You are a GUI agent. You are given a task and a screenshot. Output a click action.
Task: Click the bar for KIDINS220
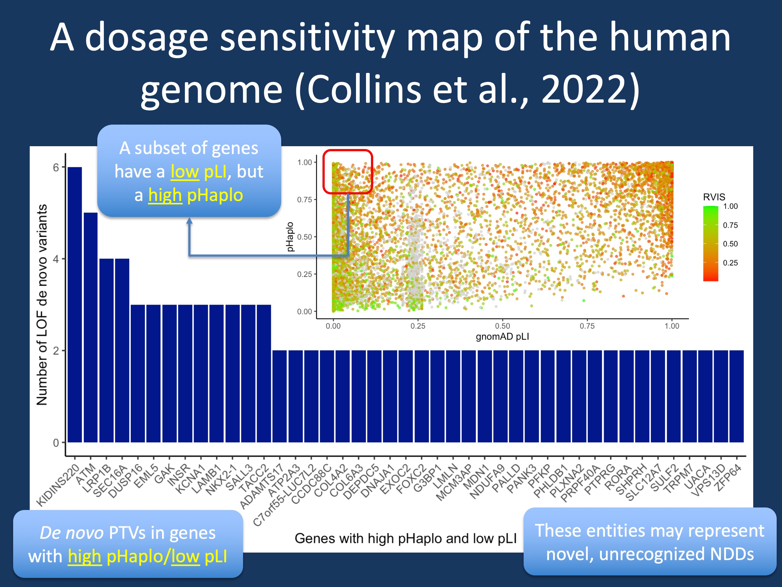point(74,304)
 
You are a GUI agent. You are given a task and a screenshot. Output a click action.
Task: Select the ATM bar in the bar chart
point(90,327)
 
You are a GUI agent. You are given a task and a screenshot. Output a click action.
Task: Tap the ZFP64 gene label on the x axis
point(729,478)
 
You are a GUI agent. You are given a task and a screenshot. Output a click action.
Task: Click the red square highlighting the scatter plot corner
point(348,172)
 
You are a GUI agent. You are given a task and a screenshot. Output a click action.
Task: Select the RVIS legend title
point(714,197)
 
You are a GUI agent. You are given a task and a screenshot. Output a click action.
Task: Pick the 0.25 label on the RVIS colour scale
point(730,263)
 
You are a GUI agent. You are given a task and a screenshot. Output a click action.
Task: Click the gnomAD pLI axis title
point(502,337)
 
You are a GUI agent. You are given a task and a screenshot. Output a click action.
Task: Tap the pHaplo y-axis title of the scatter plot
point(290,237)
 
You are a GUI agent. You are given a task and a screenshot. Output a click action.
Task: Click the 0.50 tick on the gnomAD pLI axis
point(502,326)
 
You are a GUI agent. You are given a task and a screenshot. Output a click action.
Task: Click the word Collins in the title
point(364,90)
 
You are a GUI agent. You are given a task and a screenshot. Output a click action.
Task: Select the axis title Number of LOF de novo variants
point(42,304)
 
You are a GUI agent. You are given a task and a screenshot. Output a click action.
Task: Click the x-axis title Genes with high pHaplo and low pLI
point(405,538)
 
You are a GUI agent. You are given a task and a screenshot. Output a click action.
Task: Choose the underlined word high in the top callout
point(165,195)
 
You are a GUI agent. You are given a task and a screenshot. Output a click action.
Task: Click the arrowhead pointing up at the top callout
point(190,221)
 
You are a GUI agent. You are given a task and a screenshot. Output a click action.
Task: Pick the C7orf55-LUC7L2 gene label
point(283,495)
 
